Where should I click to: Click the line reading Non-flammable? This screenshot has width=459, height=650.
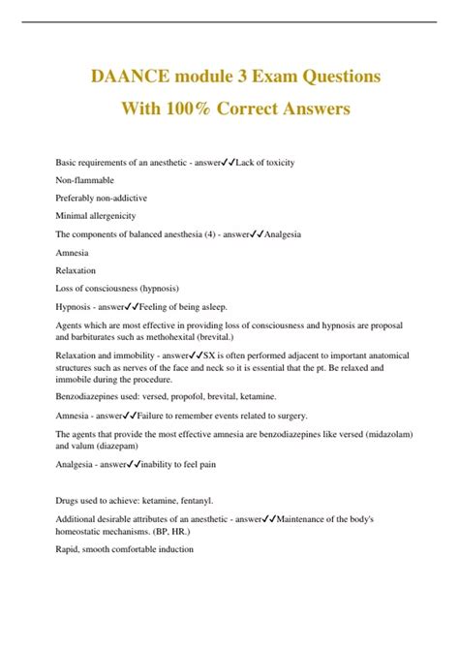[85, 180]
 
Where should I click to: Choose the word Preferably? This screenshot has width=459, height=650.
[76, 198]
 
